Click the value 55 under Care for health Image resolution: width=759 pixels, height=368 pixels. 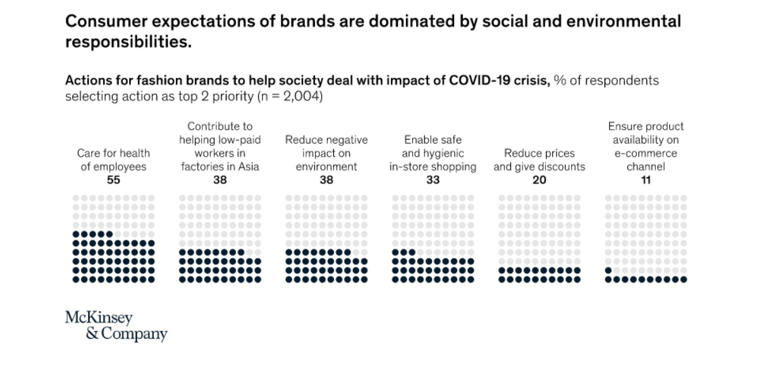pos(113,180)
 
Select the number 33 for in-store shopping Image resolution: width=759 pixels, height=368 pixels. pos(433,180)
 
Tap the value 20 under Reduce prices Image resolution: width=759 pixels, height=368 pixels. pos(539,180)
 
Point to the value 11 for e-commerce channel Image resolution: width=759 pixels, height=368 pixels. pos(646,180)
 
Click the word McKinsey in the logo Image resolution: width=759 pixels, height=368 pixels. pos(99,318)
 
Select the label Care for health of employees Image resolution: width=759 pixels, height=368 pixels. pos(113,160)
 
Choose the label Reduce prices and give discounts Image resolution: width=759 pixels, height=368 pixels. pos(539,160)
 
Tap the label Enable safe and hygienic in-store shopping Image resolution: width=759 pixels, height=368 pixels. pos(433,153)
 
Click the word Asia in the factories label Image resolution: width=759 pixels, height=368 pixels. pos(247,167)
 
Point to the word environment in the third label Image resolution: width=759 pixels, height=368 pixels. pos(326,167)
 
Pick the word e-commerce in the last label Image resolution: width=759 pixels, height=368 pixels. pos(646,153)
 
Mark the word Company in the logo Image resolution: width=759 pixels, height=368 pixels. pos(135,333)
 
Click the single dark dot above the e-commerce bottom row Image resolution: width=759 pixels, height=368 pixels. pos(608,271)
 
